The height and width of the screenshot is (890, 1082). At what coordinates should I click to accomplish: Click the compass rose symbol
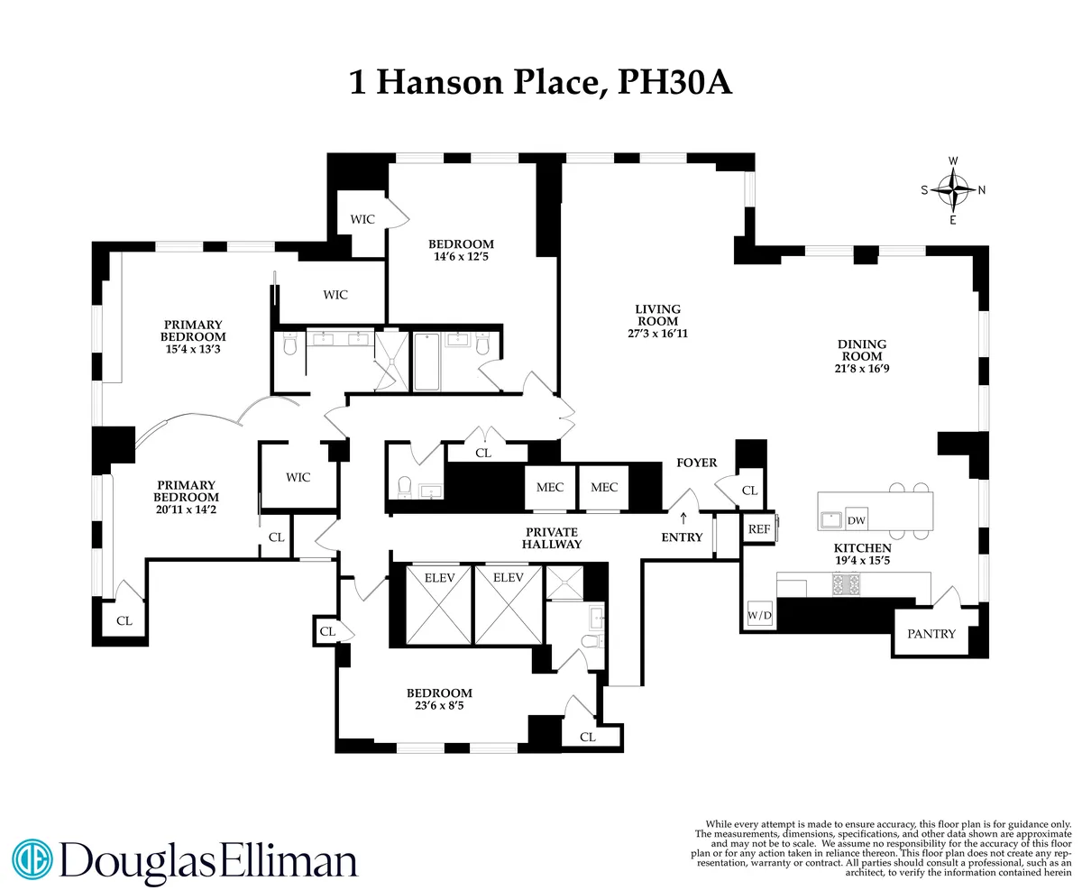tap(952, 189)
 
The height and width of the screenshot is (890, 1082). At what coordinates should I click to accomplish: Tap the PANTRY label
tap(931, 634)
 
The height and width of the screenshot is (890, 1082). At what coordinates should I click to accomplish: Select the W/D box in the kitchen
tap(759, 617)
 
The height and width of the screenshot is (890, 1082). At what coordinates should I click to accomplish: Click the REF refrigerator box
tap(759, 529)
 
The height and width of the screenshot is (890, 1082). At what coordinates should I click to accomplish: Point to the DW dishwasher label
tap(856, 520)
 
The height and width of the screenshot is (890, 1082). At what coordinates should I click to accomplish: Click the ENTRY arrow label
tap(682, 537)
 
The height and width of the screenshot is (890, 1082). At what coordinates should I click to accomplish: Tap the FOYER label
tap(696, 463)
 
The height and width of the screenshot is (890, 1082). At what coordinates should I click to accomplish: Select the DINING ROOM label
tap(862, 344)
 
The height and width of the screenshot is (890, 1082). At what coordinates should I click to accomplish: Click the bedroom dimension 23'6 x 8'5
tap(439, 709)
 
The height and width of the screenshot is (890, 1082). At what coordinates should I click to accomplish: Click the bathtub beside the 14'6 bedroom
tap(428, 362)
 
